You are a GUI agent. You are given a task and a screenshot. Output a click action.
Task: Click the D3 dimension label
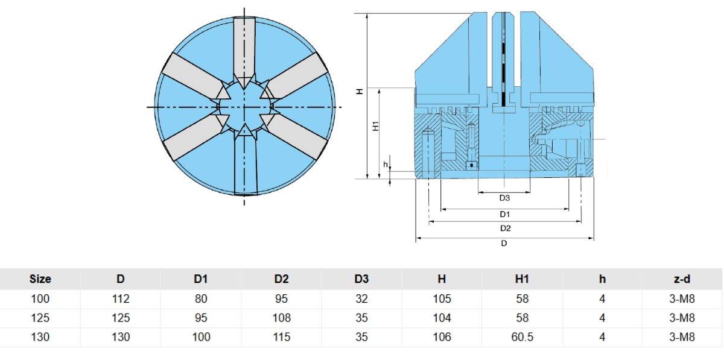[x=504, y=198]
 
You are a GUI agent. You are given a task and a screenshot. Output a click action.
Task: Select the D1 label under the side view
[x=504, y=214]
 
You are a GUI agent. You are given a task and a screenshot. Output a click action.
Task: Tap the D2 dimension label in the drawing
[x=505, y=229]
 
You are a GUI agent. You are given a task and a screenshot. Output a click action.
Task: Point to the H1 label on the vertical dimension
[x=375, y=125]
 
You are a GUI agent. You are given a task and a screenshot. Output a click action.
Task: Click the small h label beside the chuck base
[x=386, y=165]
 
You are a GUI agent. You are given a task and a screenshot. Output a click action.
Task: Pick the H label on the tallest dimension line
[x=360, y=92]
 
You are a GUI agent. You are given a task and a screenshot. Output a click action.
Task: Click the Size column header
[x=40, y=279]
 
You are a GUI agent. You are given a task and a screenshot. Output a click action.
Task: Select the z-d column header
[x=682, y=279]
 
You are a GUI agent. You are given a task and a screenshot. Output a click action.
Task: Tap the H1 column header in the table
[x=522, y=279]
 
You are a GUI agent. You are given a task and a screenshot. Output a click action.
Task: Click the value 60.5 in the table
[x=522, y=337]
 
